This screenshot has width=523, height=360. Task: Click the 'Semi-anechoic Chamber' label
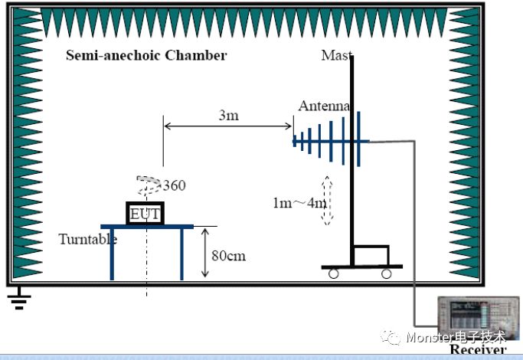click(x=145, y=55)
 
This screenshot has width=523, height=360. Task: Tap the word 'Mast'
click(x=336, y=55)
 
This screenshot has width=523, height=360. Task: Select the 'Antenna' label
click(x=324, y=106)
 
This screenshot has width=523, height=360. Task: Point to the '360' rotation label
click(x=174, y=185)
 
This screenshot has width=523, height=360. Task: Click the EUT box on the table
click(x=145, y=213)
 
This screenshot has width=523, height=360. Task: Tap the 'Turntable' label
click(x=88, y=239)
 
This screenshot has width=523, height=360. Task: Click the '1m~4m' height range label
click(x=299, y=203)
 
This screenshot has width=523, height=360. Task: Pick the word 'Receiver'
click(x=478, y=349)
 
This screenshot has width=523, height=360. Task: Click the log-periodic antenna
click(x=329, y=140)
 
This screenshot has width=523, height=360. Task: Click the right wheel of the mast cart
click(x=386, y=273)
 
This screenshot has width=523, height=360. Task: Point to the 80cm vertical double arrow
click(x=204, y=253)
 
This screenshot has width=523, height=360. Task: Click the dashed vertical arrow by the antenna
click(x=327, y=200)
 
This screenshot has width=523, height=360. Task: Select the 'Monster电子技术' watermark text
click(x=456, y=337)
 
